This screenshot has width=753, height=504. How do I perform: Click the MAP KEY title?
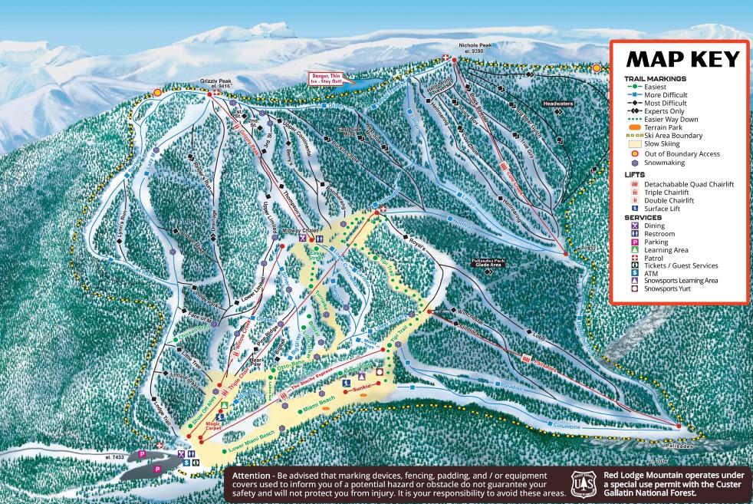683,59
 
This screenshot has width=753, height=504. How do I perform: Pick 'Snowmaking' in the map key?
671,163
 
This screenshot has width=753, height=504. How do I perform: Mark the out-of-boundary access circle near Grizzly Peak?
157,92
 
